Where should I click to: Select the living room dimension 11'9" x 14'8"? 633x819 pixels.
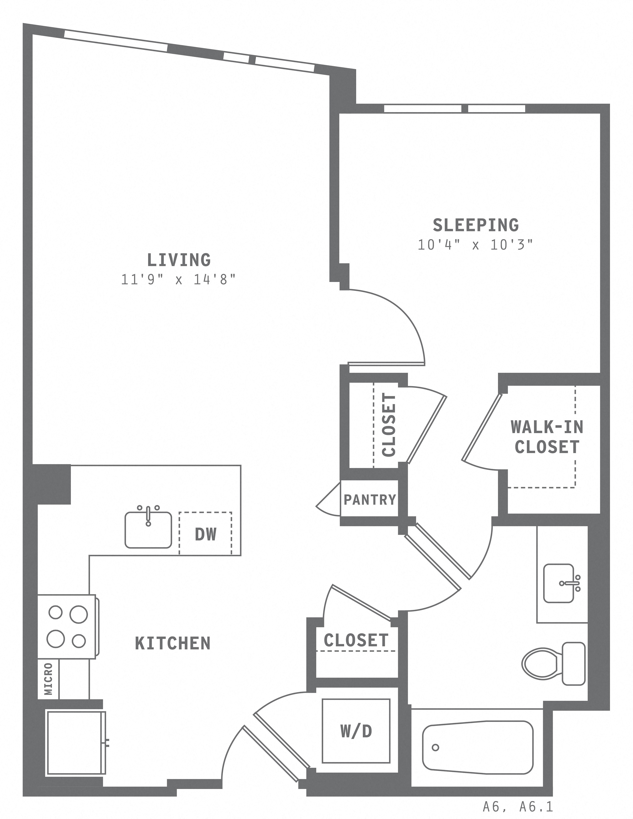[x=179, y=279]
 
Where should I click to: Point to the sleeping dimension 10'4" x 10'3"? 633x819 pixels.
[x=475, y=245]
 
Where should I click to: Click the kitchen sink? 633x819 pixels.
[x=148, y=529]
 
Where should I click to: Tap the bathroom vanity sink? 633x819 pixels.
[x=559, y=583]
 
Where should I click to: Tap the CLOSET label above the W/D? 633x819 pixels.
[x=356, y=640]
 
